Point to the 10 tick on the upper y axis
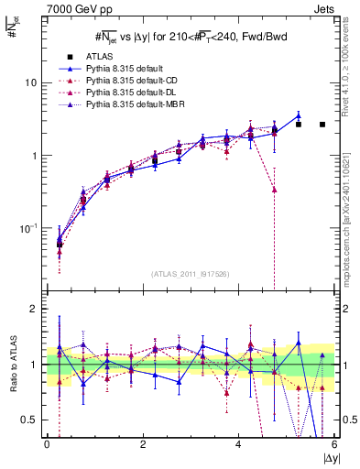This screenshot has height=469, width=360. (x=30, y=82)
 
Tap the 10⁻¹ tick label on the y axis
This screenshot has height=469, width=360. (x=28, y=227)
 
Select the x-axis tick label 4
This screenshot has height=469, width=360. (x=238, y=444)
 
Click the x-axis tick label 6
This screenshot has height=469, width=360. (x=334, y=444)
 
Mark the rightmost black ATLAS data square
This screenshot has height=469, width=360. (x=322, y=125)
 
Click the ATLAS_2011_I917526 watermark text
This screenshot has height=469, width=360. (x=190, y=274)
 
